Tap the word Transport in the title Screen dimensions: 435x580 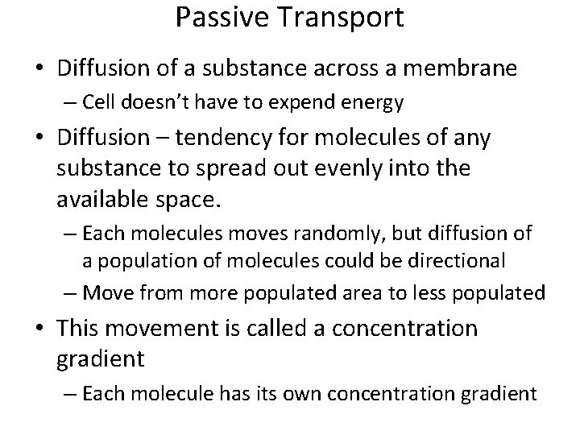(340, 18)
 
